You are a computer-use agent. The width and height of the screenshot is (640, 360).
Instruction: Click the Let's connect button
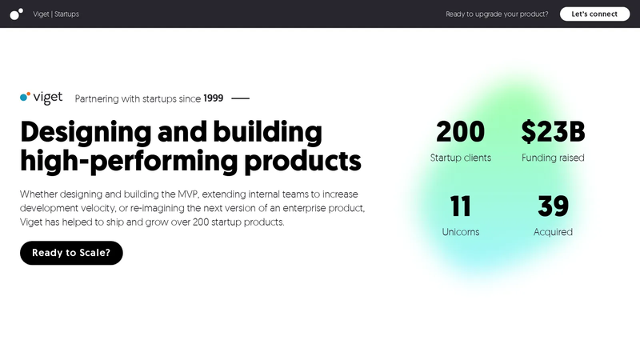coord(594,14)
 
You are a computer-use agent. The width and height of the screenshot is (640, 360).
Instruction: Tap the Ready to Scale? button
coord(71,253)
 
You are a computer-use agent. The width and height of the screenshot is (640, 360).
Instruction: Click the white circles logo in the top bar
coord(16,14)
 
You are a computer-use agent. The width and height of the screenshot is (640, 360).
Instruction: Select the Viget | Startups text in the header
coord(56,14)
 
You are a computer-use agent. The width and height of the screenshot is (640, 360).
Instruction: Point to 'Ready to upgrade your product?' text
coord(497,14)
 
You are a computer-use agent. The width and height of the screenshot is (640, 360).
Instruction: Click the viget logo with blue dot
coord(42,98)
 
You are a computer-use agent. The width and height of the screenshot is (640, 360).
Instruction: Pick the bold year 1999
coord(214,98)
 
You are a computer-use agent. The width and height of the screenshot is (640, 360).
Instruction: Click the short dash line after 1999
coord(241,98)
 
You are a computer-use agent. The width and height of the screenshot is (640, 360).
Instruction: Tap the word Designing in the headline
coord(86,132)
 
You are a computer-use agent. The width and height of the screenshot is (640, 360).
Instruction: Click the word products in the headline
coord(302,162)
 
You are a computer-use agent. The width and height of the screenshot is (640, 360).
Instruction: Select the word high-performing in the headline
coord(129,162)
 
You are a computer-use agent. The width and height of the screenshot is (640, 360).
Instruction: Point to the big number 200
coord(461,132)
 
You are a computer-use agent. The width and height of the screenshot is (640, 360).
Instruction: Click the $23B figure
coord(553,132)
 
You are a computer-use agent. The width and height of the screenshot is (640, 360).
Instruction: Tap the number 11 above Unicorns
coord(461,206)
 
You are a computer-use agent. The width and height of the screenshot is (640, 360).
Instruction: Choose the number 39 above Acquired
coord(553,206)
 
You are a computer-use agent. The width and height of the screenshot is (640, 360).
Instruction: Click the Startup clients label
coord(461,158)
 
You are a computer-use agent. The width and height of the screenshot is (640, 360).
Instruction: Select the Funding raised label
coord(553,158)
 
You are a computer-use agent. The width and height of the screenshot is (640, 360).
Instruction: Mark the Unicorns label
coord(461,232)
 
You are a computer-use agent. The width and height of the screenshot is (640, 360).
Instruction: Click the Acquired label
coord(553,232)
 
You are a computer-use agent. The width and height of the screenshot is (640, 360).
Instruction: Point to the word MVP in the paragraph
coord(188,194)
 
